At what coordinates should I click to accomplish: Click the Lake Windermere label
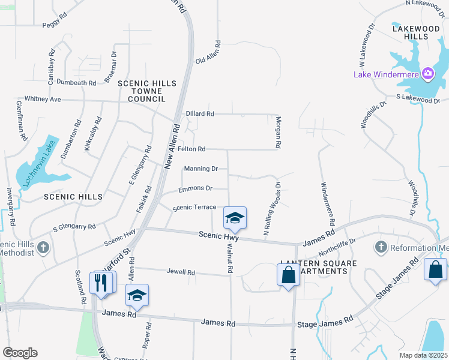387,74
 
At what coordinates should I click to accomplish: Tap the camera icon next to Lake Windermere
428,74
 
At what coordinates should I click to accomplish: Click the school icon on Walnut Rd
235,218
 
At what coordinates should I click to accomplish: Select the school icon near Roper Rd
137,295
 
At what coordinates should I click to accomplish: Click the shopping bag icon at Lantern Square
288,275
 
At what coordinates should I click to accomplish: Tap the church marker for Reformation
380,247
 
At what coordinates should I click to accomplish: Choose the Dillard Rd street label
200,113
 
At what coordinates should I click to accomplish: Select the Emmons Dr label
196,188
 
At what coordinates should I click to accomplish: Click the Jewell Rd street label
182,272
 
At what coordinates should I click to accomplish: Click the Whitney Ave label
43,99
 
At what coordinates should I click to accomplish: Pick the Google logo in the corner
20,353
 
